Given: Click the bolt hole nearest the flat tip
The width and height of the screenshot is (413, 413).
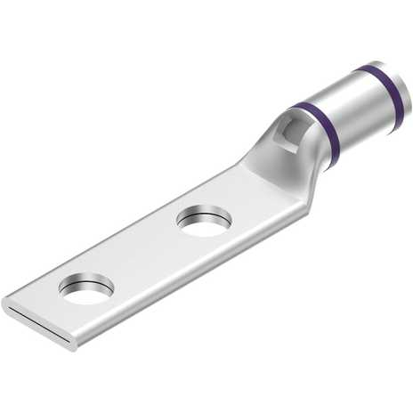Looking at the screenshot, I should pyautogui.click(x=86, y=288).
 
